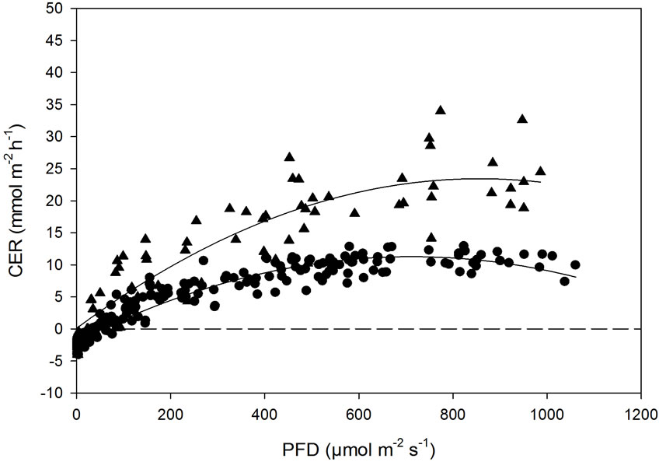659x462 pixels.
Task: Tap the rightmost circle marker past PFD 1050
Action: (575, 264)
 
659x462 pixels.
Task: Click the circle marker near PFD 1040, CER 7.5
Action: (565, 281)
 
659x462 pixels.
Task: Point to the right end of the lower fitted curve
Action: (576, 277)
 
